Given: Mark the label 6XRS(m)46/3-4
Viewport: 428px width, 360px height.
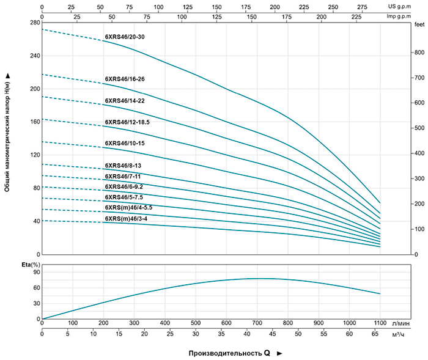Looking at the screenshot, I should [x=126, y=218].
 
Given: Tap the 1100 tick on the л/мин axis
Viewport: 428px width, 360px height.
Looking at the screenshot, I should [x=380, y=323].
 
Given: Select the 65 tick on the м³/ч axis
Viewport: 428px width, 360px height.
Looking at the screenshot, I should [x=375, y=334].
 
